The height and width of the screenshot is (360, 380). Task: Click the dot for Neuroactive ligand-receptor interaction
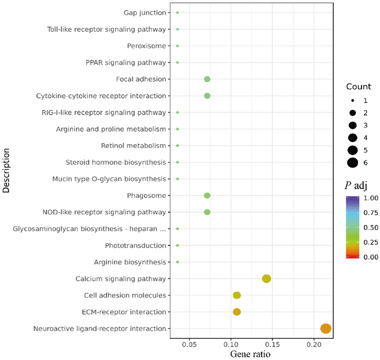click(326, 328)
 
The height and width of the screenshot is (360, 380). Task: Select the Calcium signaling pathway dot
click(267, 279)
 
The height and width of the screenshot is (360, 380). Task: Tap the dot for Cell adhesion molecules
click(237, 295)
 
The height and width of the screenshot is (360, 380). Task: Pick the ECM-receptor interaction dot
click(237, 312)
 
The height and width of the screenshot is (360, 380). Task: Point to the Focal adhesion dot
click(207, 79)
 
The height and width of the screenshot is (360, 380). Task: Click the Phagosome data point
click(207, 195)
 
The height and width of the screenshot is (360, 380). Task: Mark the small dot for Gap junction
click(178, 12)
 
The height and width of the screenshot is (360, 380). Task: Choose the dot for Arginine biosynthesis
click(178, 262)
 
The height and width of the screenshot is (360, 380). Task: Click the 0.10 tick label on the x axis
click(231, 344)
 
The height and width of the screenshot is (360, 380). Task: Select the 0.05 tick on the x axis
click(189, 344)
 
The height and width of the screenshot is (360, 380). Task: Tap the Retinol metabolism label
click(133, 145)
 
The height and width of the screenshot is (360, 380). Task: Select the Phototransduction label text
click(135, 245)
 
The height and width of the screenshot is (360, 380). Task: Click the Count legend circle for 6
click(352, 162)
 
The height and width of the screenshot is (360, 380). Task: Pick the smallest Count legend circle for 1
click(352, 100)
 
